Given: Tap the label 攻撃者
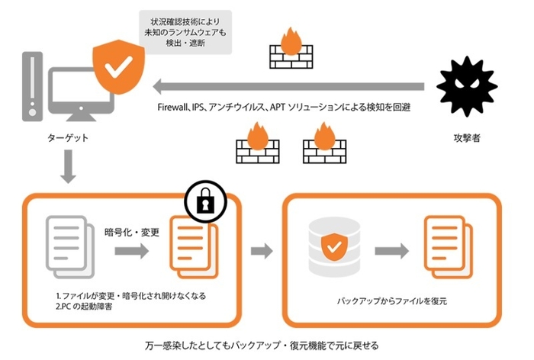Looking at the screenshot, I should click(466, 140).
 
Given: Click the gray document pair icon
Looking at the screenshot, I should click(69, 245).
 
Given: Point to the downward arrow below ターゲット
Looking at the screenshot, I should click(66, 167).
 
